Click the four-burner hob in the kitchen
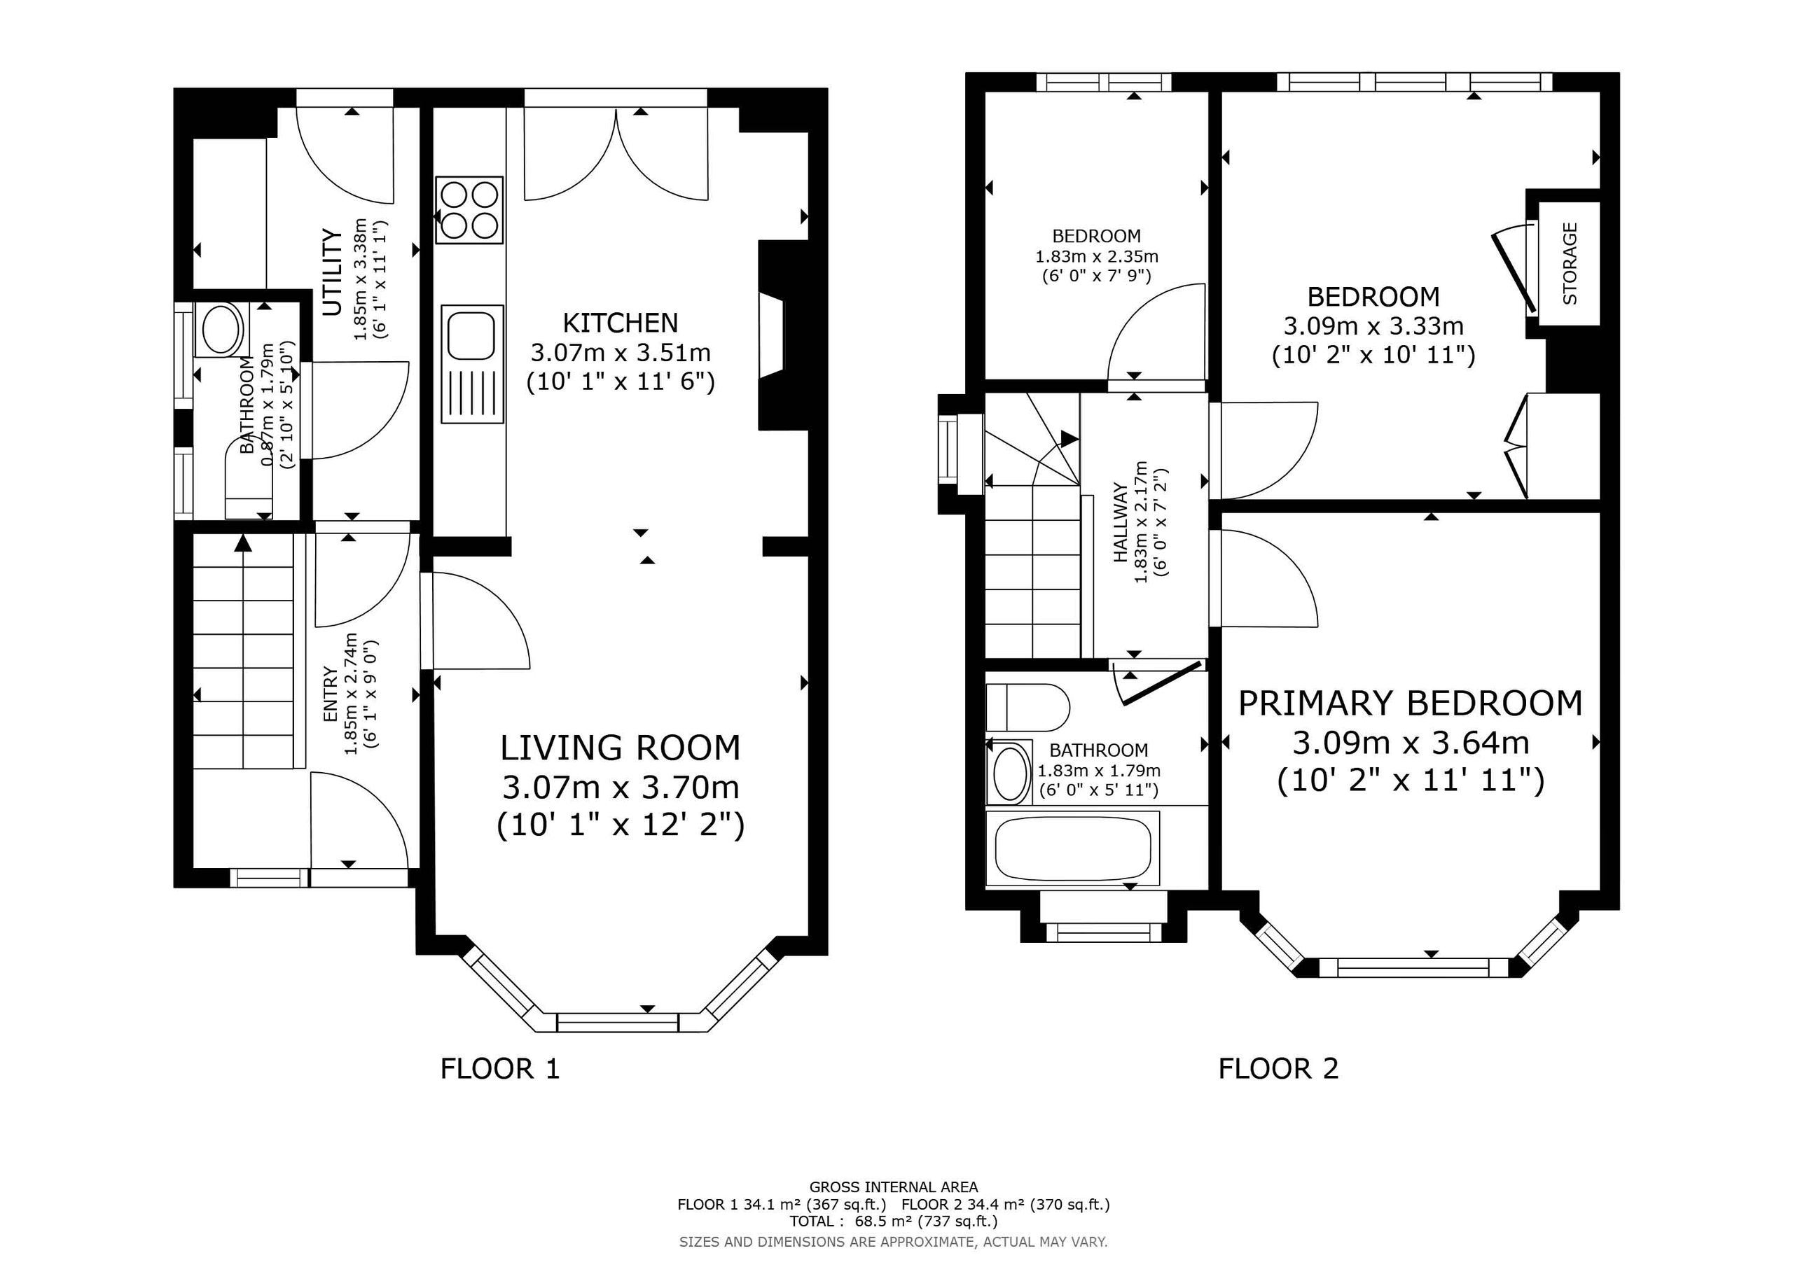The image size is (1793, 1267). tap(470, 210)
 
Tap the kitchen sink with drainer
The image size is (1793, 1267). tap(471, 365)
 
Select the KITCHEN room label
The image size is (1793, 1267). tap(621, 323)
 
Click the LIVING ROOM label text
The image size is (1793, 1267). tap(620, 748)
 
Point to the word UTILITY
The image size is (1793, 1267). tap(333, 272)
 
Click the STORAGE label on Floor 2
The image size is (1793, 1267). tap(1570, 264)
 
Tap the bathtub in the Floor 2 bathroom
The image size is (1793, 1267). tap(1072, 848)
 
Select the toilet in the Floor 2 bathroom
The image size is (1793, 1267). tap(1027, 707)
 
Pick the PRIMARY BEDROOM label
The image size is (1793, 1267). tap(1411, 703)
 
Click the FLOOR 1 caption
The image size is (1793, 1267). tap(501, 1068)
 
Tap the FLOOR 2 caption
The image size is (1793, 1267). tap(1278, 1068)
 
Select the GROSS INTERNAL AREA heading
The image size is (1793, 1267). tap(894, 1187)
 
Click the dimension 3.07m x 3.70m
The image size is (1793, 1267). tap(621, 787)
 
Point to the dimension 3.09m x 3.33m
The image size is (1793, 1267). tap(1373, 325)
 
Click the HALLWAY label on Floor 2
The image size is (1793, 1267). tap(1120, 523)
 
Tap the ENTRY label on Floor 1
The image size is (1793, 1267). tap(331, 694)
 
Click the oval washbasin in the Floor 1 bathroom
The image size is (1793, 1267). tap(222, 330)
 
